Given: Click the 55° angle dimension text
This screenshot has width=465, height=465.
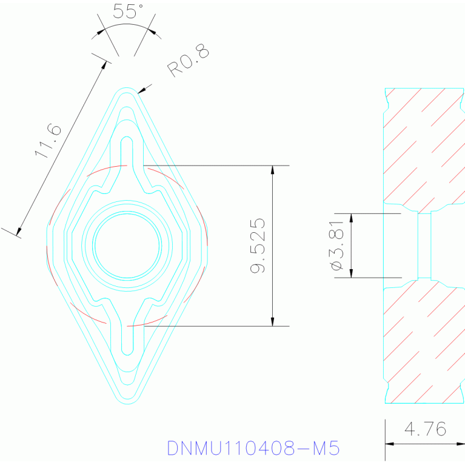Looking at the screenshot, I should pyautogui.click(x=128, y=11).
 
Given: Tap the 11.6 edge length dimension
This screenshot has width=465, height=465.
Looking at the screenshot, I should pyautogui.click(x=49, y=141).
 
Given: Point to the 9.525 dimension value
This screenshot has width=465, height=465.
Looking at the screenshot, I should pyautogui.click(x=258, y=246).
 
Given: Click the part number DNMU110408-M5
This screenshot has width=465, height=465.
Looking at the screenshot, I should pyautogui.click(x=253, y=448).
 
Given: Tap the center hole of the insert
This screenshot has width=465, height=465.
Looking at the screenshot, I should pyautogui.click(x=127, y=246).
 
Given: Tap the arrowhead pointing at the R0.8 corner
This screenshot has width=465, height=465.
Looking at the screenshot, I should pyautogui.click(x=141, y=91).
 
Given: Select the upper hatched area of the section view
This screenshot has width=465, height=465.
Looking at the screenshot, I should pyautogui.click(x=423, y=146).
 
